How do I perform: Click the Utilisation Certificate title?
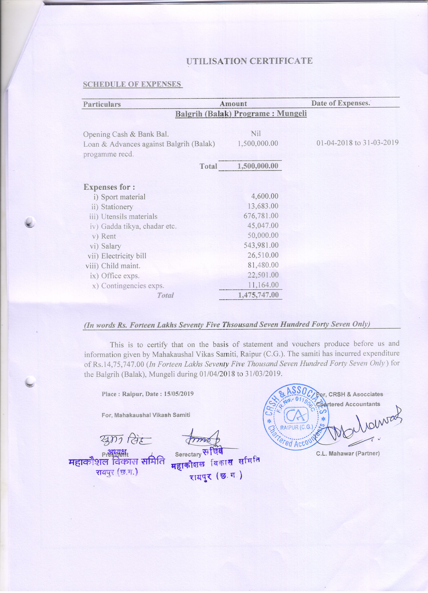(249, 61)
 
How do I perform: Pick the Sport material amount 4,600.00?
(265, 196)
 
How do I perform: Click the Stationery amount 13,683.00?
(263, 206)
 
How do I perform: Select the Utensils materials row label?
(129, 216)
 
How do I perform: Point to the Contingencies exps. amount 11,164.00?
(263, 285)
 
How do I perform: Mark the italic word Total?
(165, 295)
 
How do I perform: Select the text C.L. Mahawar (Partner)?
(348, 453)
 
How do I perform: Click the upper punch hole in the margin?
(30, 222)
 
